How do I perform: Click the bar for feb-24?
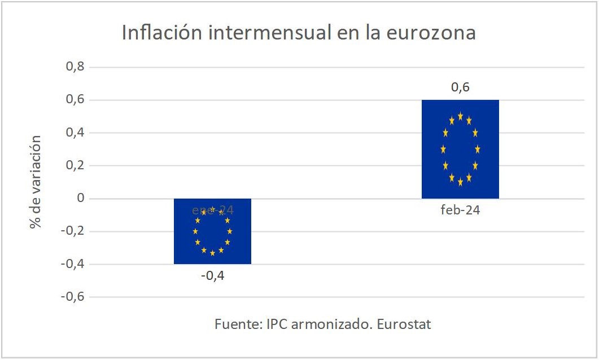(x=460, y=149)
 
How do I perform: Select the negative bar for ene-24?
(x=212, y=231)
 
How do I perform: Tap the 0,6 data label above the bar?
(x=460, y=87)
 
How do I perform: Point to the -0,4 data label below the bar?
(x=212, y=276)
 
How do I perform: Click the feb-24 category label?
(x=460, y=211)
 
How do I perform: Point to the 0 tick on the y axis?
(x=80, y=199)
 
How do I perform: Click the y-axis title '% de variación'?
(x=37, y=182)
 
